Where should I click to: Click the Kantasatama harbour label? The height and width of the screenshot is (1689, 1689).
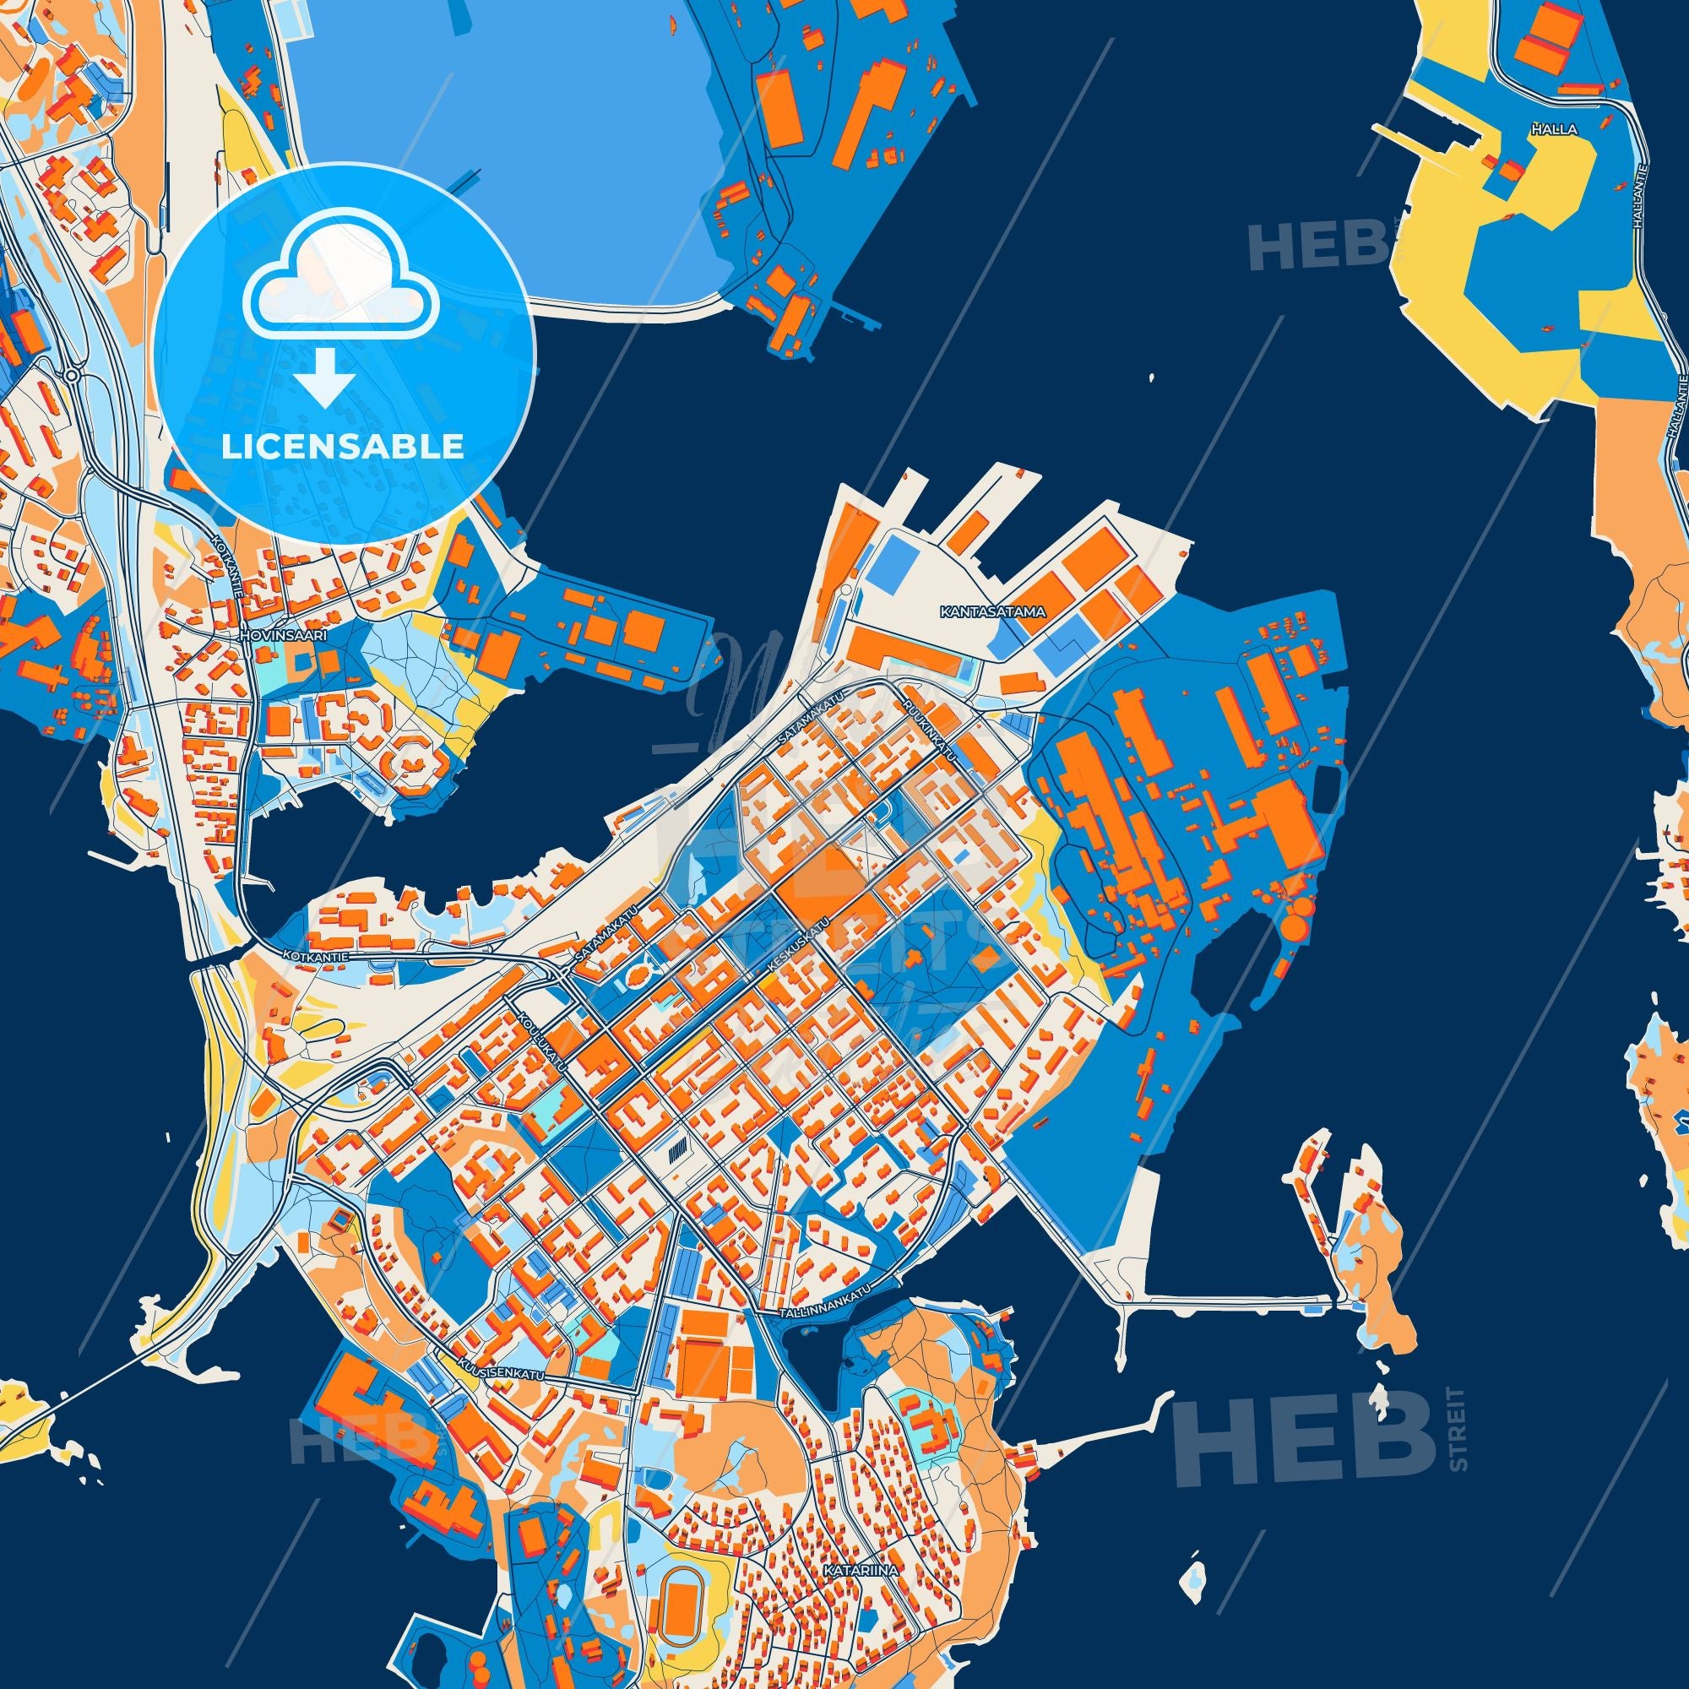pyautogui.click(x=993, y=611)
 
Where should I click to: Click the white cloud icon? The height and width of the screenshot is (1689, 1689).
pyautogui.click(x=336, y=291)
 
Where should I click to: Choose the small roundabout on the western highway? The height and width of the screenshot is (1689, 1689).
pyautogui.click(x=71, y=375)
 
